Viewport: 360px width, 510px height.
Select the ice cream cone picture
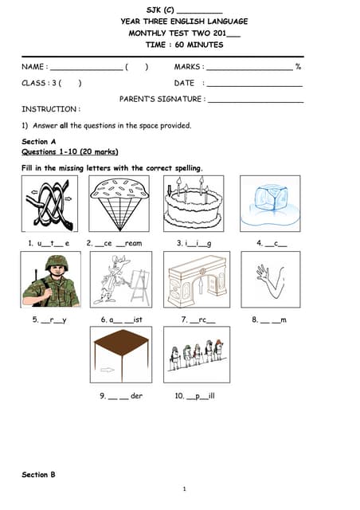[118, 203]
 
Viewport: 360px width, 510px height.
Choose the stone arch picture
[196, 280]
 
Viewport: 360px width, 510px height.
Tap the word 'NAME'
[33, 67]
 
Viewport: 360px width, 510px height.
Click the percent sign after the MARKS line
[298, 67]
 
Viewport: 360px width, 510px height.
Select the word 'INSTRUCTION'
[49, 108]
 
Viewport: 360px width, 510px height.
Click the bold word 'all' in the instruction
[64, 125]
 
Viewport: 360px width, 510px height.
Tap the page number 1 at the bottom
[184, 488]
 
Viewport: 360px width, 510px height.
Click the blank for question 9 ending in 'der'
[114, 396]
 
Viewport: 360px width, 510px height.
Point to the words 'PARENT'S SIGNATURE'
[160, 100]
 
